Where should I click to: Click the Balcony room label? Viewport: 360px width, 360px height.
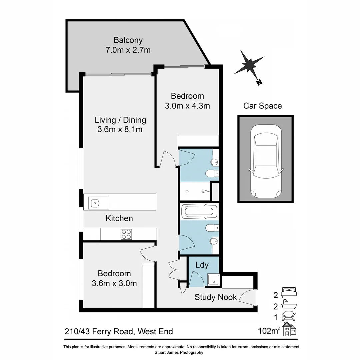pyautogui.click(x=128, y=40)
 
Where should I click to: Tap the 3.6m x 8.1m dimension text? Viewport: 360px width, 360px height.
pyautogui.click(x=120, y=129)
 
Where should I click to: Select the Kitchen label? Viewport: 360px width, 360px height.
pyautogui.click(x=119, y=218)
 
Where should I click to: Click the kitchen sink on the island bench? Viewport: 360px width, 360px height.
pyautogui.click(x=94, y=202)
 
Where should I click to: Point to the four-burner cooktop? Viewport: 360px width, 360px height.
pyautogui.click(x=126, y=234)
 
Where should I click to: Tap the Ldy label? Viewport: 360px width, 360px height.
pyautogui.click(x=202, y=265)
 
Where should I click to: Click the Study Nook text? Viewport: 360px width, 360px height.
pyautogui.click(x=216, y=297)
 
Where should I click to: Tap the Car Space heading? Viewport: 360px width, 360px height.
pyautogui.click(x=262, y=106)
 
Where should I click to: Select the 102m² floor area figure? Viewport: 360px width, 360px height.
pyautogui.click(x=269, y=331)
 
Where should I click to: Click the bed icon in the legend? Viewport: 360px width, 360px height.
pyautogui.click(x=289, y=292)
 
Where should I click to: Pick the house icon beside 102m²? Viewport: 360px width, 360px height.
pyautogui.click(x=289, y=329)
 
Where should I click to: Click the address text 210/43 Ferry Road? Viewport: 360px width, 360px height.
pyautogui.click(x=118, y=331)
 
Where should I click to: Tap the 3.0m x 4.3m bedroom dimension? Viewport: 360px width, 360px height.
pyautogui.click(x=187, y=106)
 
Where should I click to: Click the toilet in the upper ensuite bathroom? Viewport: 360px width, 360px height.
pyautogui.click(x=211, y=173)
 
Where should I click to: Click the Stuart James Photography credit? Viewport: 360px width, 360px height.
pyautogui.click(x=179, y=352)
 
